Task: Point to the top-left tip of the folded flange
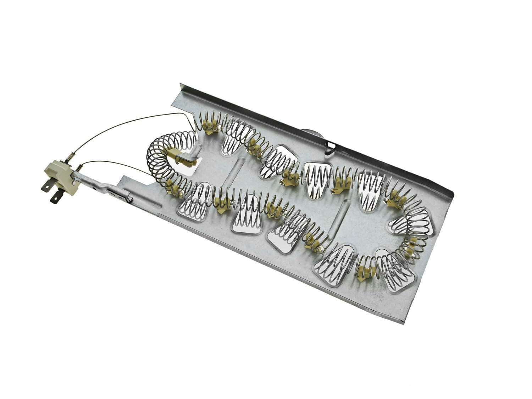point(181,85)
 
